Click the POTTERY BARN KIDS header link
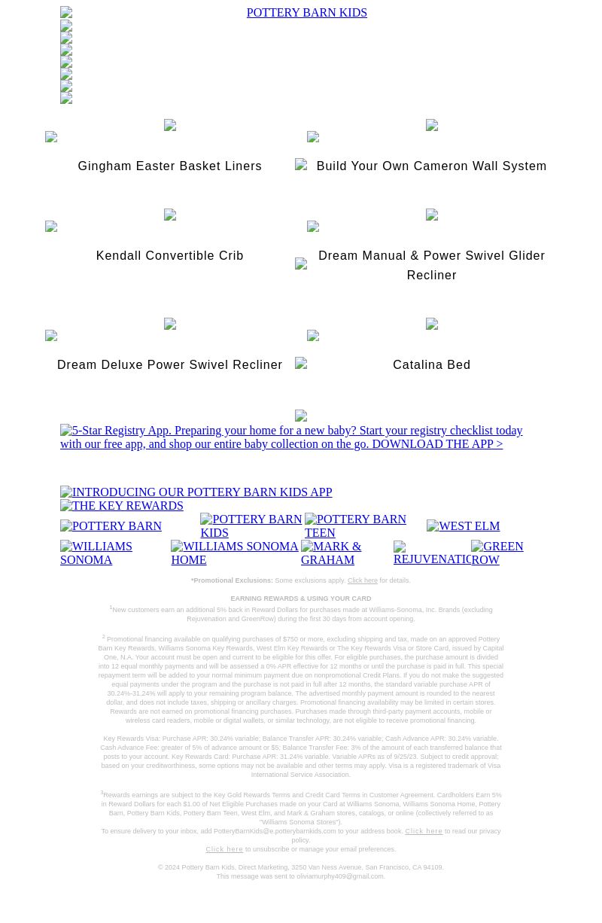306,13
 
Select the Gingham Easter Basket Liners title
169,166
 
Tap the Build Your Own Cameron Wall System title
431,166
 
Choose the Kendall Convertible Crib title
169,256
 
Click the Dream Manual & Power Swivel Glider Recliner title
431,266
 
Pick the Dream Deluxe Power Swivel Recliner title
169,365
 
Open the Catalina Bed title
431,365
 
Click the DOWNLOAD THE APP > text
436,444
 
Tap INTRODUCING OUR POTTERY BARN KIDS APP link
196,492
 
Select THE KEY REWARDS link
122,506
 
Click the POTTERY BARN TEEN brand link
355,525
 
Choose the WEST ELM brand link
463,526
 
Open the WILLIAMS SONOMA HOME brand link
235,553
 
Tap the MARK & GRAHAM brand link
331,553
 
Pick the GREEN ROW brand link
497,553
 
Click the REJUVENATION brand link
432,553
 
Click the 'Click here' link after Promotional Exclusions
362,581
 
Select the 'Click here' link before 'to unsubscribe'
224,849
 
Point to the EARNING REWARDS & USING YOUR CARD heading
300,599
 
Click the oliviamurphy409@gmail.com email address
340,876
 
